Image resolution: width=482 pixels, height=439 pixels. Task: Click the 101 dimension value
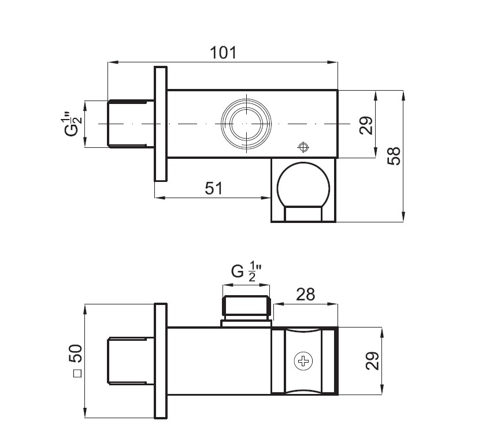(x=224, y=53)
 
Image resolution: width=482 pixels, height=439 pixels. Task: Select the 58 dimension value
(x=394, y=156)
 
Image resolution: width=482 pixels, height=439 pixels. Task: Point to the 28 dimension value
(x=306, y=295)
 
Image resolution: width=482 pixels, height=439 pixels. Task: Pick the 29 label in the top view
(x=366, y=125)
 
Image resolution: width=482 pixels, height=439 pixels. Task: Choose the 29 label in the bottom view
(x=372, y=360)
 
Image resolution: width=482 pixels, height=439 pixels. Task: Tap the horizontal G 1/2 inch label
(x=247, y=271)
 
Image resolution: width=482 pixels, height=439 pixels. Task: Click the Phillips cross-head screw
(x=303, y=361)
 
